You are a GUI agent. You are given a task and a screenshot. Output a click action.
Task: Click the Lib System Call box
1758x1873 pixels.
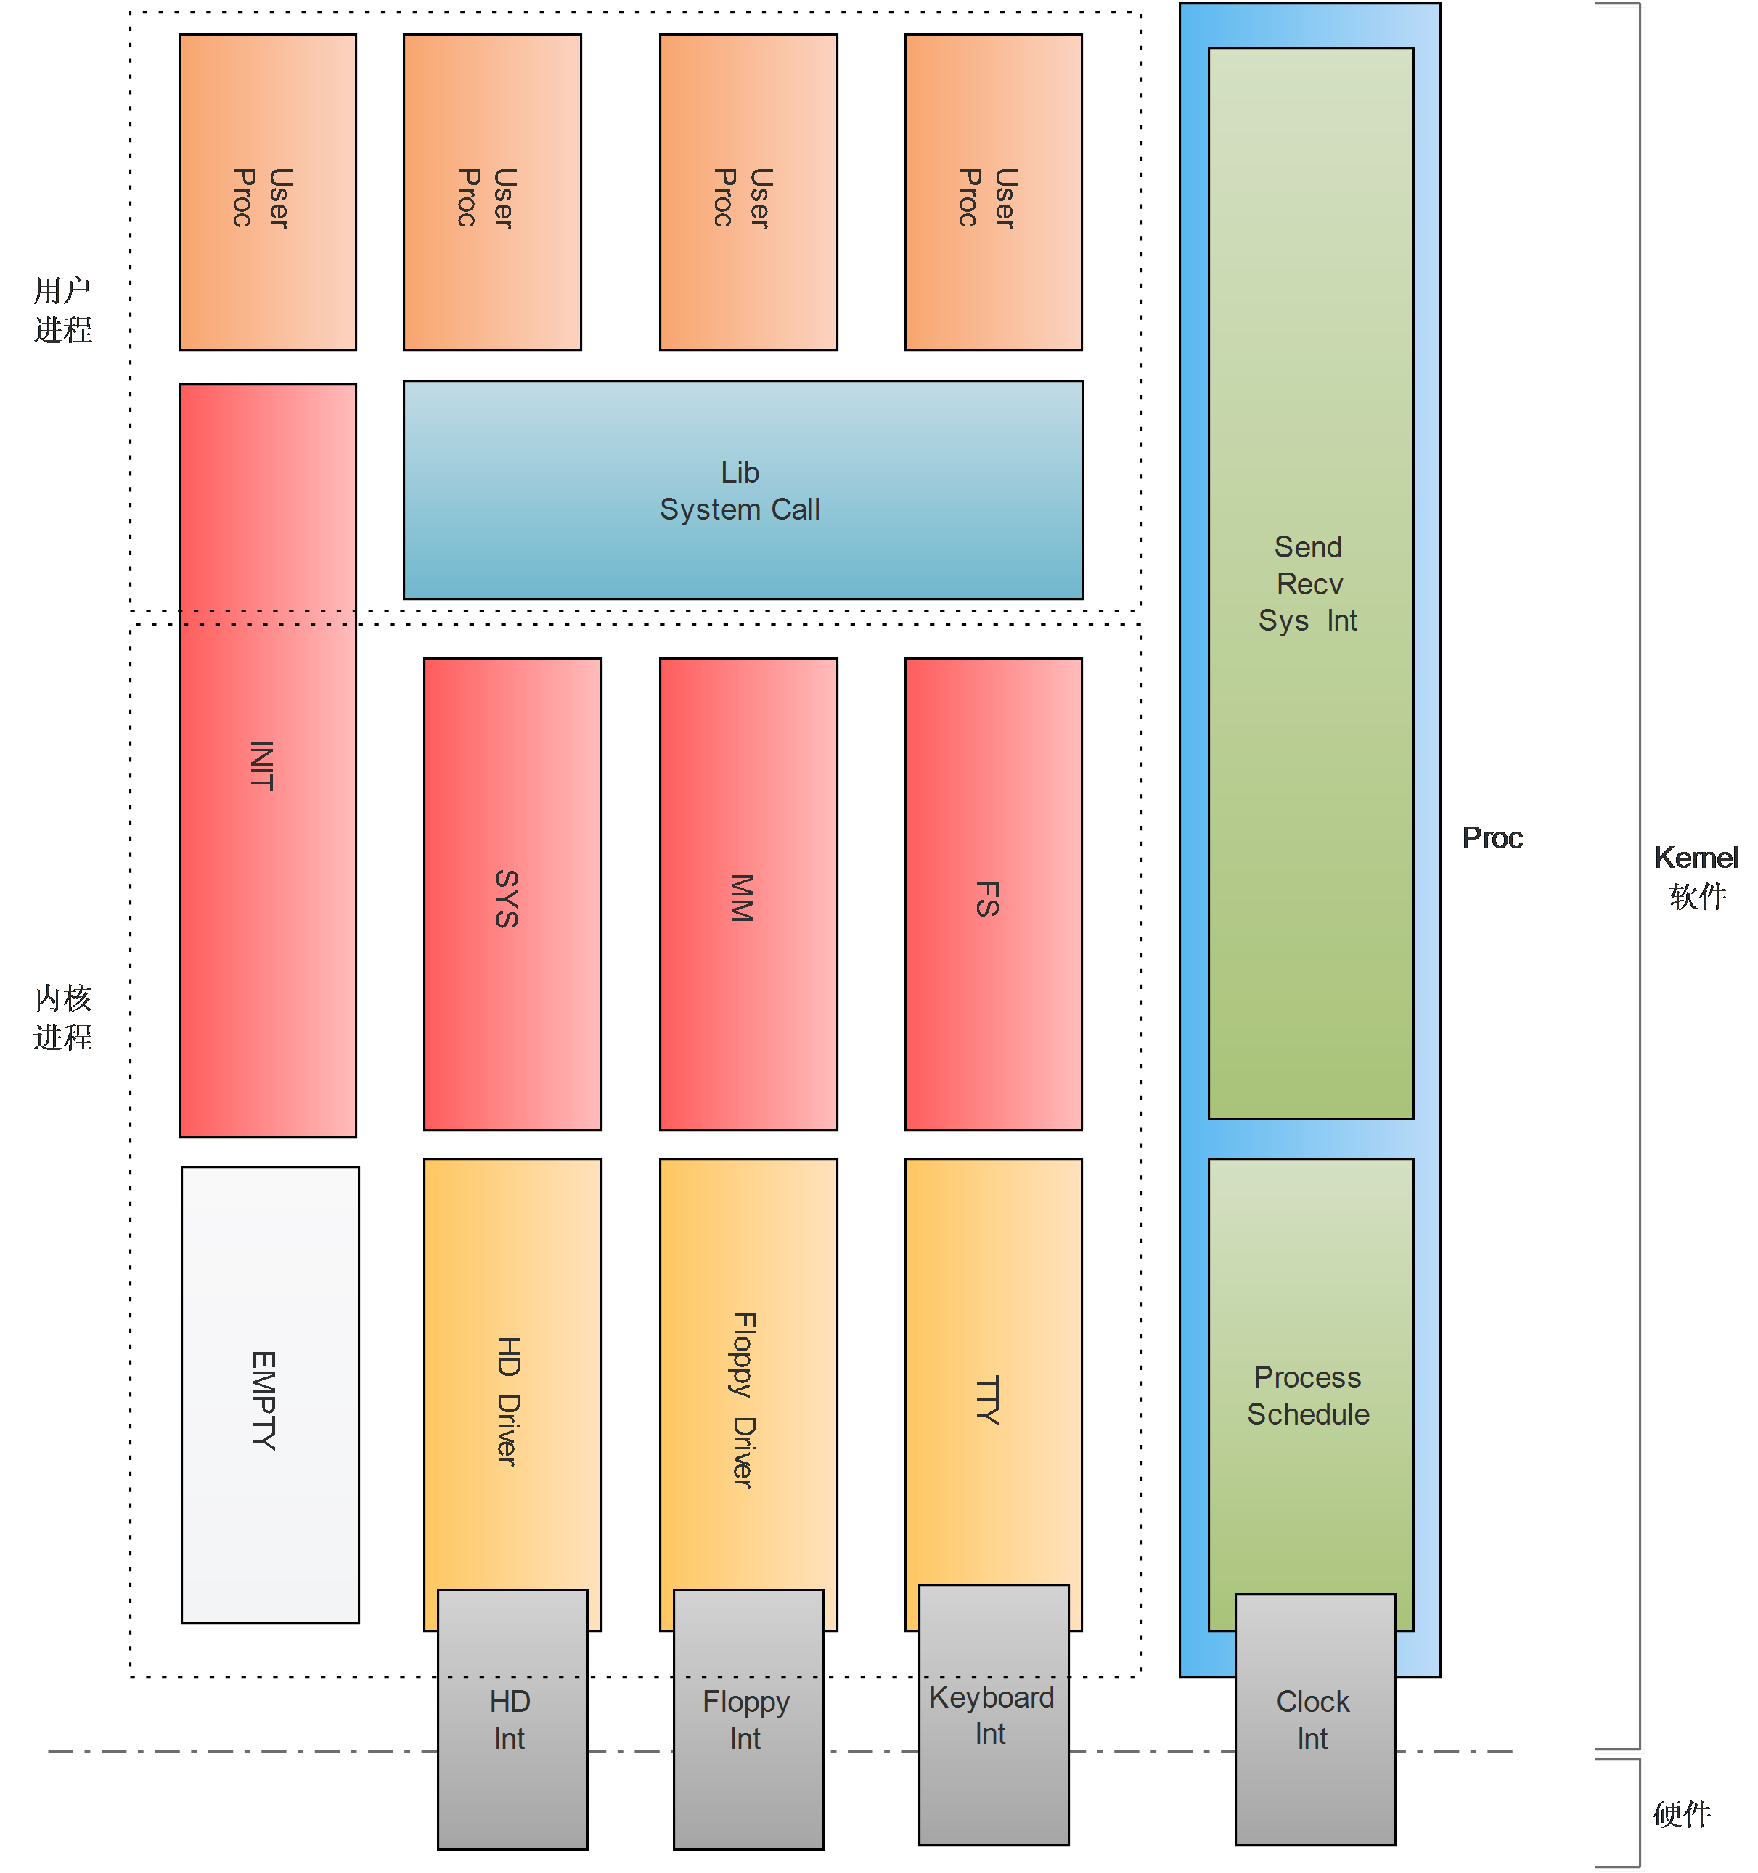tap(743, 490)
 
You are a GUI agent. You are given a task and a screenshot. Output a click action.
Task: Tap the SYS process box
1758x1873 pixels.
tap(512, 894)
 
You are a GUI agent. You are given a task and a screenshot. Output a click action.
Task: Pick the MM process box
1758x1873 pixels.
tap(748, 894)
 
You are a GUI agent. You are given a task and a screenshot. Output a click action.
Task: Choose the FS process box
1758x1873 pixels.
tap(993, 894)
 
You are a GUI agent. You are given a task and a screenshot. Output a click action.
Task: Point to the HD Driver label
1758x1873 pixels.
tap(508, 1400)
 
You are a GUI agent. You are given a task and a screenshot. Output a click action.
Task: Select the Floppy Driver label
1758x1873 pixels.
tap(743, 1400)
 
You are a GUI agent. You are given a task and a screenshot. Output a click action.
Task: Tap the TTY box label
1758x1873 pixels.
tap(987, 1400)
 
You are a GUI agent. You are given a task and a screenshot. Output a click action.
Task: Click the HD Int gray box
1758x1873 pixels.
tap(512, 1719)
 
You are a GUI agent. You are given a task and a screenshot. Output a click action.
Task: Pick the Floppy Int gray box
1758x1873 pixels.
tap(748, 1719)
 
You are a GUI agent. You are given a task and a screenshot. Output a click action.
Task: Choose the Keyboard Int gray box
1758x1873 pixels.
tap(994, 1715)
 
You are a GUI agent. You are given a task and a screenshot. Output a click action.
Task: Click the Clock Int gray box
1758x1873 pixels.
tap(1315, 1719)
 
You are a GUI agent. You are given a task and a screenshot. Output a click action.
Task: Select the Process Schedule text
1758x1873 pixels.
tap(1309, 1395)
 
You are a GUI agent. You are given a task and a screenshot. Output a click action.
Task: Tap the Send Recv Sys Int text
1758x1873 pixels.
tap(1309, 583)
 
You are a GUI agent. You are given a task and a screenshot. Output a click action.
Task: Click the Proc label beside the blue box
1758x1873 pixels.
tap(1492, 837)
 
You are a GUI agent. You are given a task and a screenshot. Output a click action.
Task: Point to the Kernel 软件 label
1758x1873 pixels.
tap(1697, 876)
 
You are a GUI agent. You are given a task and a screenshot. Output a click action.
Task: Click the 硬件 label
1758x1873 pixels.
tap(1682, 1813)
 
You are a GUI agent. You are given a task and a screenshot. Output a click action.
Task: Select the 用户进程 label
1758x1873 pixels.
tap(63, 310)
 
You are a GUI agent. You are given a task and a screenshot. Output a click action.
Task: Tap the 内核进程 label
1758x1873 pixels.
tap(63, 1017)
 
